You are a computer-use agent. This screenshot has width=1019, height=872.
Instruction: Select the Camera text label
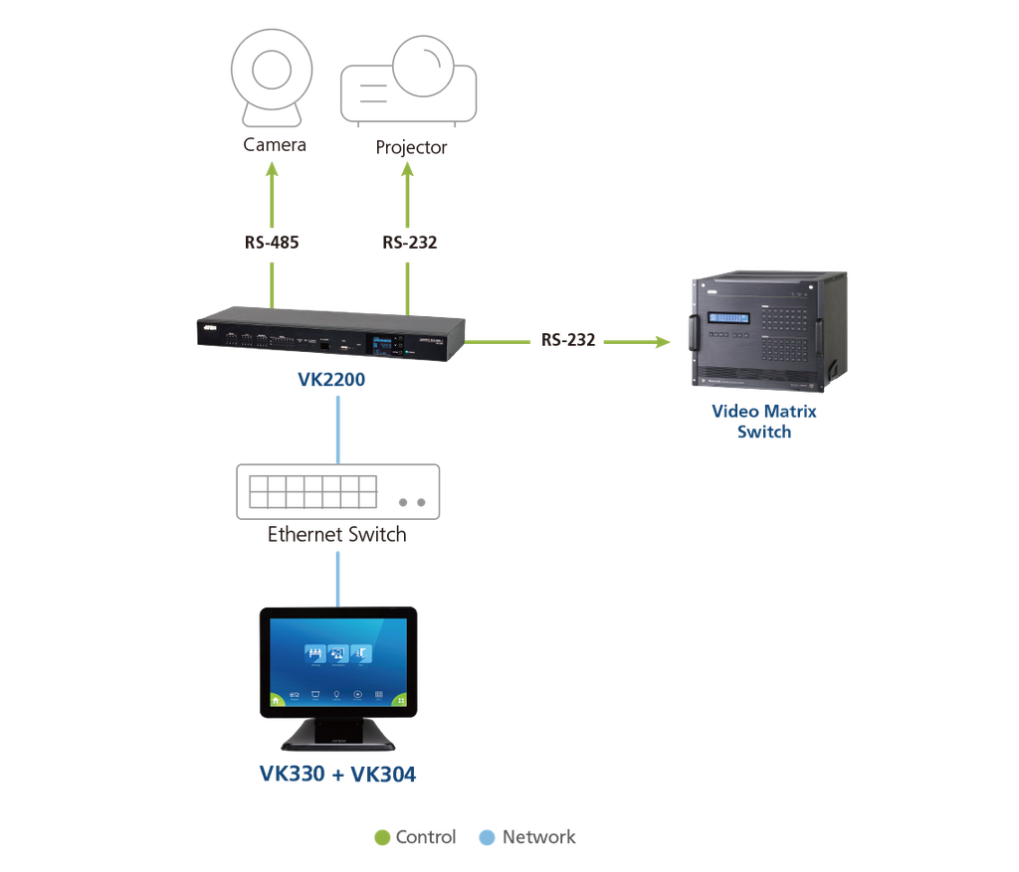275,145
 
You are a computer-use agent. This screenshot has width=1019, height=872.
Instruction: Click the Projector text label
411,148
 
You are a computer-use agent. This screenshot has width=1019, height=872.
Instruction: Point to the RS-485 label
273,242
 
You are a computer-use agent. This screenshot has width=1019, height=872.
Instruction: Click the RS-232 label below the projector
409,242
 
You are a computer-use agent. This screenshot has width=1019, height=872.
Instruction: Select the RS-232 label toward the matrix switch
568,340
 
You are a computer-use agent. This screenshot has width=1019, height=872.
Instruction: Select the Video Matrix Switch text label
764,422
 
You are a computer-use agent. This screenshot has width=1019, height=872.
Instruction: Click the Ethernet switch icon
337,491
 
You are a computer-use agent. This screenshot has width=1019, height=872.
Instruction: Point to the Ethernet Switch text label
337,535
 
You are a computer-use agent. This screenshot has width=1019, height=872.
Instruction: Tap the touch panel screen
337,660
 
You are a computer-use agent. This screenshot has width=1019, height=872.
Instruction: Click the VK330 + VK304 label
337,774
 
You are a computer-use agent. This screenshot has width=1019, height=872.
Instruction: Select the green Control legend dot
380,837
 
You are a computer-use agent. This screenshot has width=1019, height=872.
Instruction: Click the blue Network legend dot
487,837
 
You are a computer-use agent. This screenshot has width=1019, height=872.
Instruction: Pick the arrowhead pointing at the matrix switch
662,342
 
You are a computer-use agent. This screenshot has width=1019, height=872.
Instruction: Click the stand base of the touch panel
337,741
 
